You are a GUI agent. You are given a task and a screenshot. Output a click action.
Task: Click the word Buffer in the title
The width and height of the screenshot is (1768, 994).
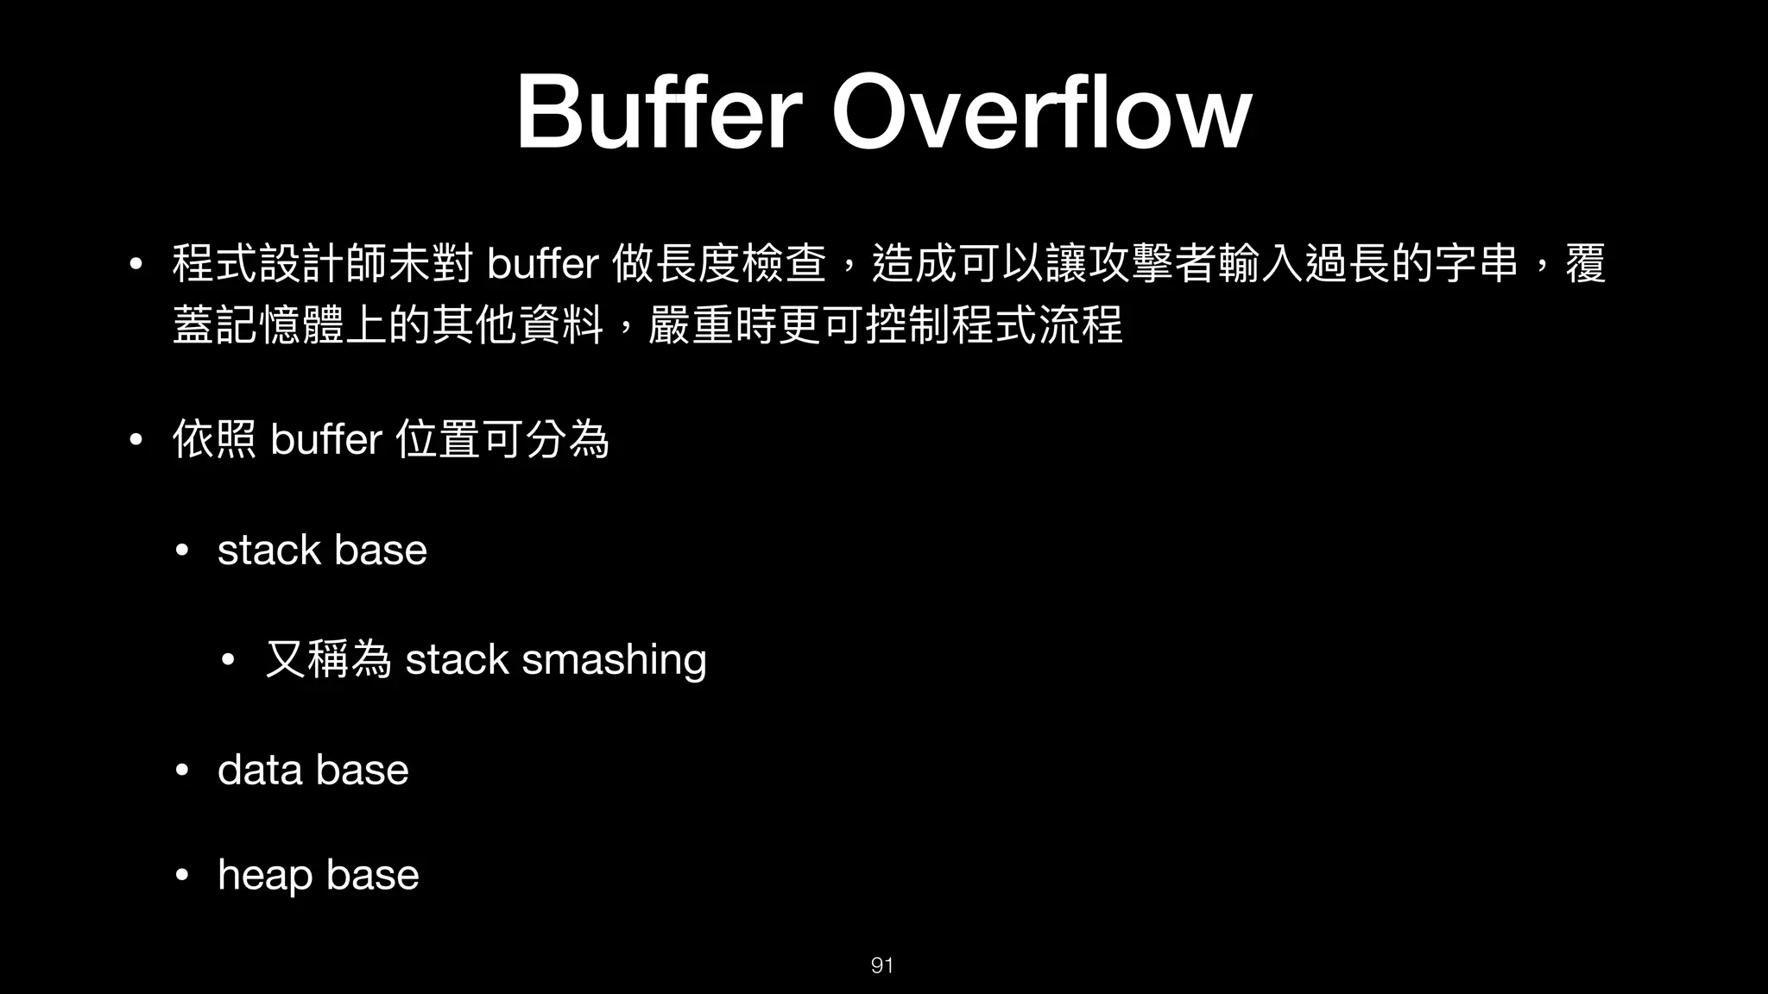point(660,113)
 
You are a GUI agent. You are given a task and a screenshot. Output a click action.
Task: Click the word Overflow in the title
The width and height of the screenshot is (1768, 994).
point(1041,113)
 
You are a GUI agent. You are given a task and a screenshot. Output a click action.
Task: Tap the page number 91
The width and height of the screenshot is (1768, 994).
point(881,966)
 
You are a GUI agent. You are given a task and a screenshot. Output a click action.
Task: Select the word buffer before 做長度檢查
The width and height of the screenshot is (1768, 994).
point(542,264)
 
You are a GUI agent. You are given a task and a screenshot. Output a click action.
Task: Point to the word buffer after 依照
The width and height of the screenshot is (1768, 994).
point(325,440)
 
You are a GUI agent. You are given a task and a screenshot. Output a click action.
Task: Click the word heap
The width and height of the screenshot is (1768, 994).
point(265,876)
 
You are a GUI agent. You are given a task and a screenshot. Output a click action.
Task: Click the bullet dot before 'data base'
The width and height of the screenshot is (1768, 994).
point(181,771)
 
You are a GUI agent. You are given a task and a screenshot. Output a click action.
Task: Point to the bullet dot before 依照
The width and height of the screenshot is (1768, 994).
point(135,440)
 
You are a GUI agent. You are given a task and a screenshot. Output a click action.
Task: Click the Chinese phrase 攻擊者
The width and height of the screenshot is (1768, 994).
point(1152,264)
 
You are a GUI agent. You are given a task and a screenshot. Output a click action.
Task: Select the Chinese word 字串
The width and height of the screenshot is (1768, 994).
point(1475,264)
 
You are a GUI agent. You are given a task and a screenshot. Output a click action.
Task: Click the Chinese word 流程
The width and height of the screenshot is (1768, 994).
point(1080,326)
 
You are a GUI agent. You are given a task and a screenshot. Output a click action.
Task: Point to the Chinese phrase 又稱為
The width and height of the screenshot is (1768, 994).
point(328,660)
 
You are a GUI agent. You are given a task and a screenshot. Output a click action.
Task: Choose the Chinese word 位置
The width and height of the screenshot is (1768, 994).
point(437,440)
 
